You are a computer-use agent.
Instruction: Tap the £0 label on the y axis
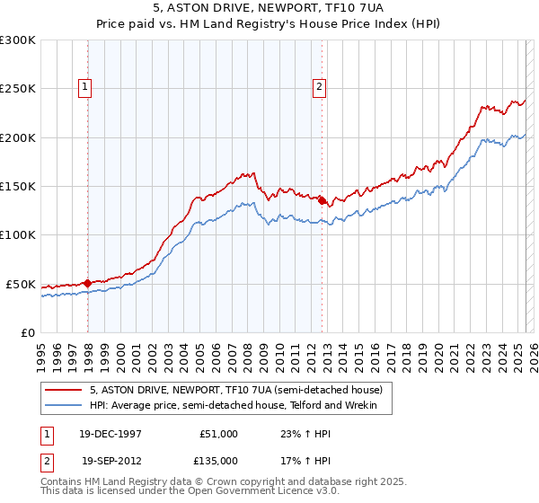27,332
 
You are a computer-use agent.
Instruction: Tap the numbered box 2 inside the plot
319,87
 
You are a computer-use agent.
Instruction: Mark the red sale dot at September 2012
322,201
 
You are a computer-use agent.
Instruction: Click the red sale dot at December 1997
87,283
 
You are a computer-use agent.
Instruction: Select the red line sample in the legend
64,390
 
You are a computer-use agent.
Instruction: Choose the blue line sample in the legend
64,406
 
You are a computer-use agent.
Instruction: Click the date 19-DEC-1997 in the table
111,434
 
